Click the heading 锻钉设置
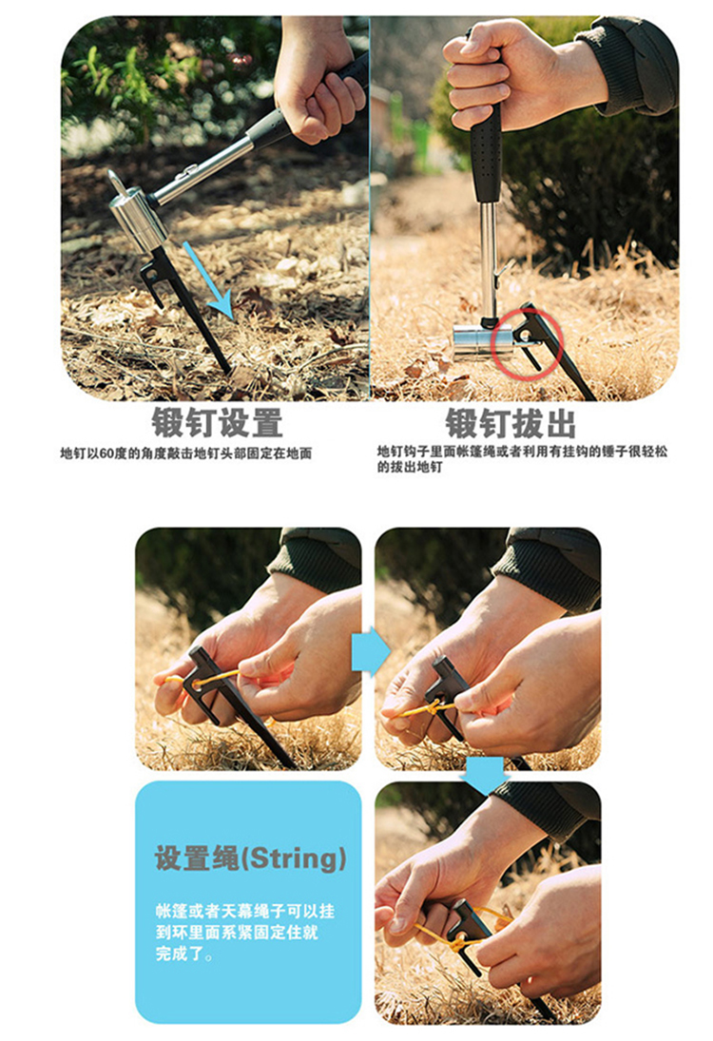(x=218, y=423)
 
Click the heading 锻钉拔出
(x=510, y=423)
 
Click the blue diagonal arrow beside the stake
(x=207, y=280)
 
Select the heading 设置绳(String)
(x=250, y=858)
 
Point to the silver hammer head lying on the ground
(x=482, y=342)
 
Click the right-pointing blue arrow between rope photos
(x=370, y=651)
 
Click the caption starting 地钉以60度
(x=186, y=453)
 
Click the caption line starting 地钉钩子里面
(x=523, y=452)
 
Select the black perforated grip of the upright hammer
(x=486, y=153)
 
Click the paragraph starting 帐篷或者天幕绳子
(x=245, y=932)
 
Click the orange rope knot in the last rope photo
(x=459, y=937)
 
